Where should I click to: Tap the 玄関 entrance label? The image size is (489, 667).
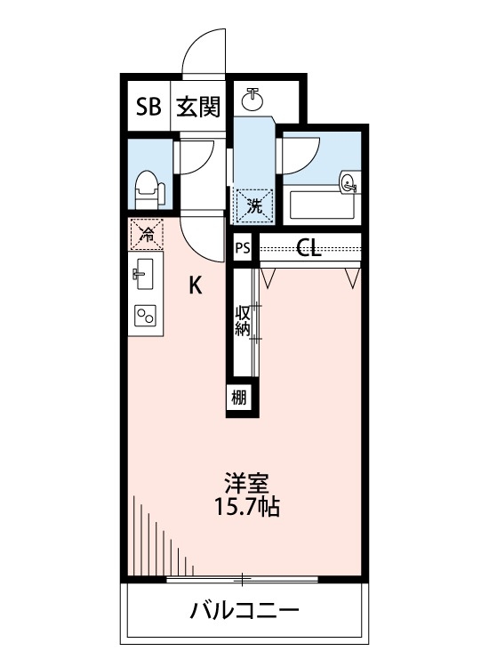coord(197,108)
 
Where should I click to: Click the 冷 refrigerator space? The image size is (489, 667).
coord(146,235)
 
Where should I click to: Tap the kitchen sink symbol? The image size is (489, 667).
coord(145,274)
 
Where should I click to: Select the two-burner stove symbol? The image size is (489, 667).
coord(145,316)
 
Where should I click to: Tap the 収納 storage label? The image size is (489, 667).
coord(242,321)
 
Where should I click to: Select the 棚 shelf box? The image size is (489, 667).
coord(240,398)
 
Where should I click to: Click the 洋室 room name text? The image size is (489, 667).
coord(246,486)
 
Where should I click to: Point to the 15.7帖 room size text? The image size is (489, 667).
coord(246,509)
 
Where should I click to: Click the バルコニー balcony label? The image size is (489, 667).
coord(244,612)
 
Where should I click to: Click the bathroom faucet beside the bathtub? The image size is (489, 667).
coord(348,184)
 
